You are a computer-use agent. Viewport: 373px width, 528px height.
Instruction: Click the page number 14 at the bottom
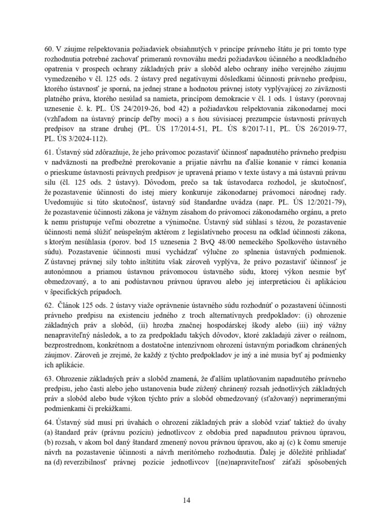tap(186, 500)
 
